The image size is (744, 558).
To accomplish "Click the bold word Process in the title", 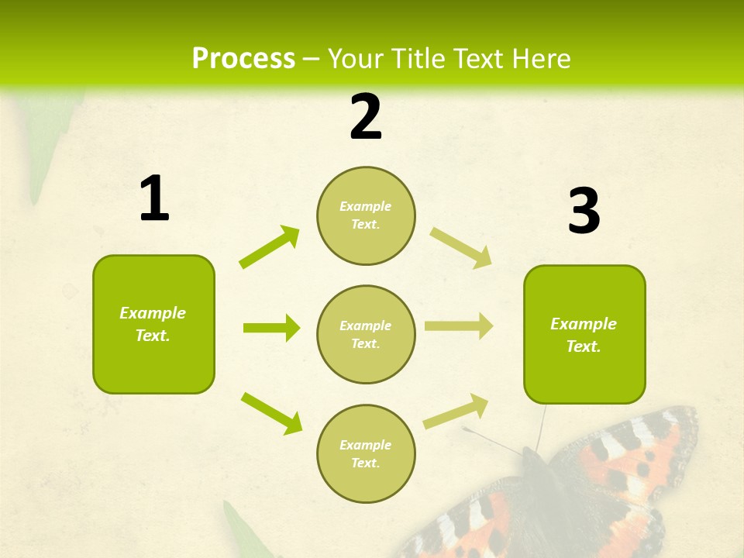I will pyautogui.click(x=243, y=59).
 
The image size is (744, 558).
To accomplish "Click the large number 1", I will pyautogui.click(x=154, y=199).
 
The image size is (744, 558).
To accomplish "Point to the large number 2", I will pyautogui.click(x=366, y=117).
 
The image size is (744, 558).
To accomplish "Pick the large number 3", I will pyautogui.click(x=584, y=211).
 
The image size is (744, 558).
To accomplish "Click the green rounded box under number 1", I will pyautogui.click(x=153, y=324).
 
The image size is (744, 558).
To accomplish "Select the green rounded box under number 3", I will pyautogui.click(x=584, y=335).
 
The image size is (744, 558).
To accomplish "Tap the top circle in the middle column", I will pyautogui.click(x=366, y=215).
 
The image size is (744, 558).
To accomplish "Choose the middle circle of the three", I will pyautogui.click(x=366, y=334).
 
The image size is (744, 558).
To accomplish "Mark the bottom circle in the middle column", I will pyautogui.click(x=366, y=453).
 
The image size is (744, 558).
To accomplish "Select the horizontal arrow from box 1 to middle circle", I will pyautogui.click(x=271, y=328).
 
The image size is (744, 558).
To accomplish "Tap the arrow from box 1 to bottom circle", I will pyautogui.click(x=271, y=412).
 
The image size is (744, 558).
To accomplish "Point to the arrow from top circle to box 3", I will pyautogui.click(x=461, y=247).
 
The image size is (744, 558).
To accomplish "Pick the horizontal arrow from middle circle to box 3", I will pyautogui.click(x=459, y=325).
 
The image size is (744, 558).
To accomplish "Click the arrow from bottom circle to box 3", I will pyautogui.click(x=456, y=411).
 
